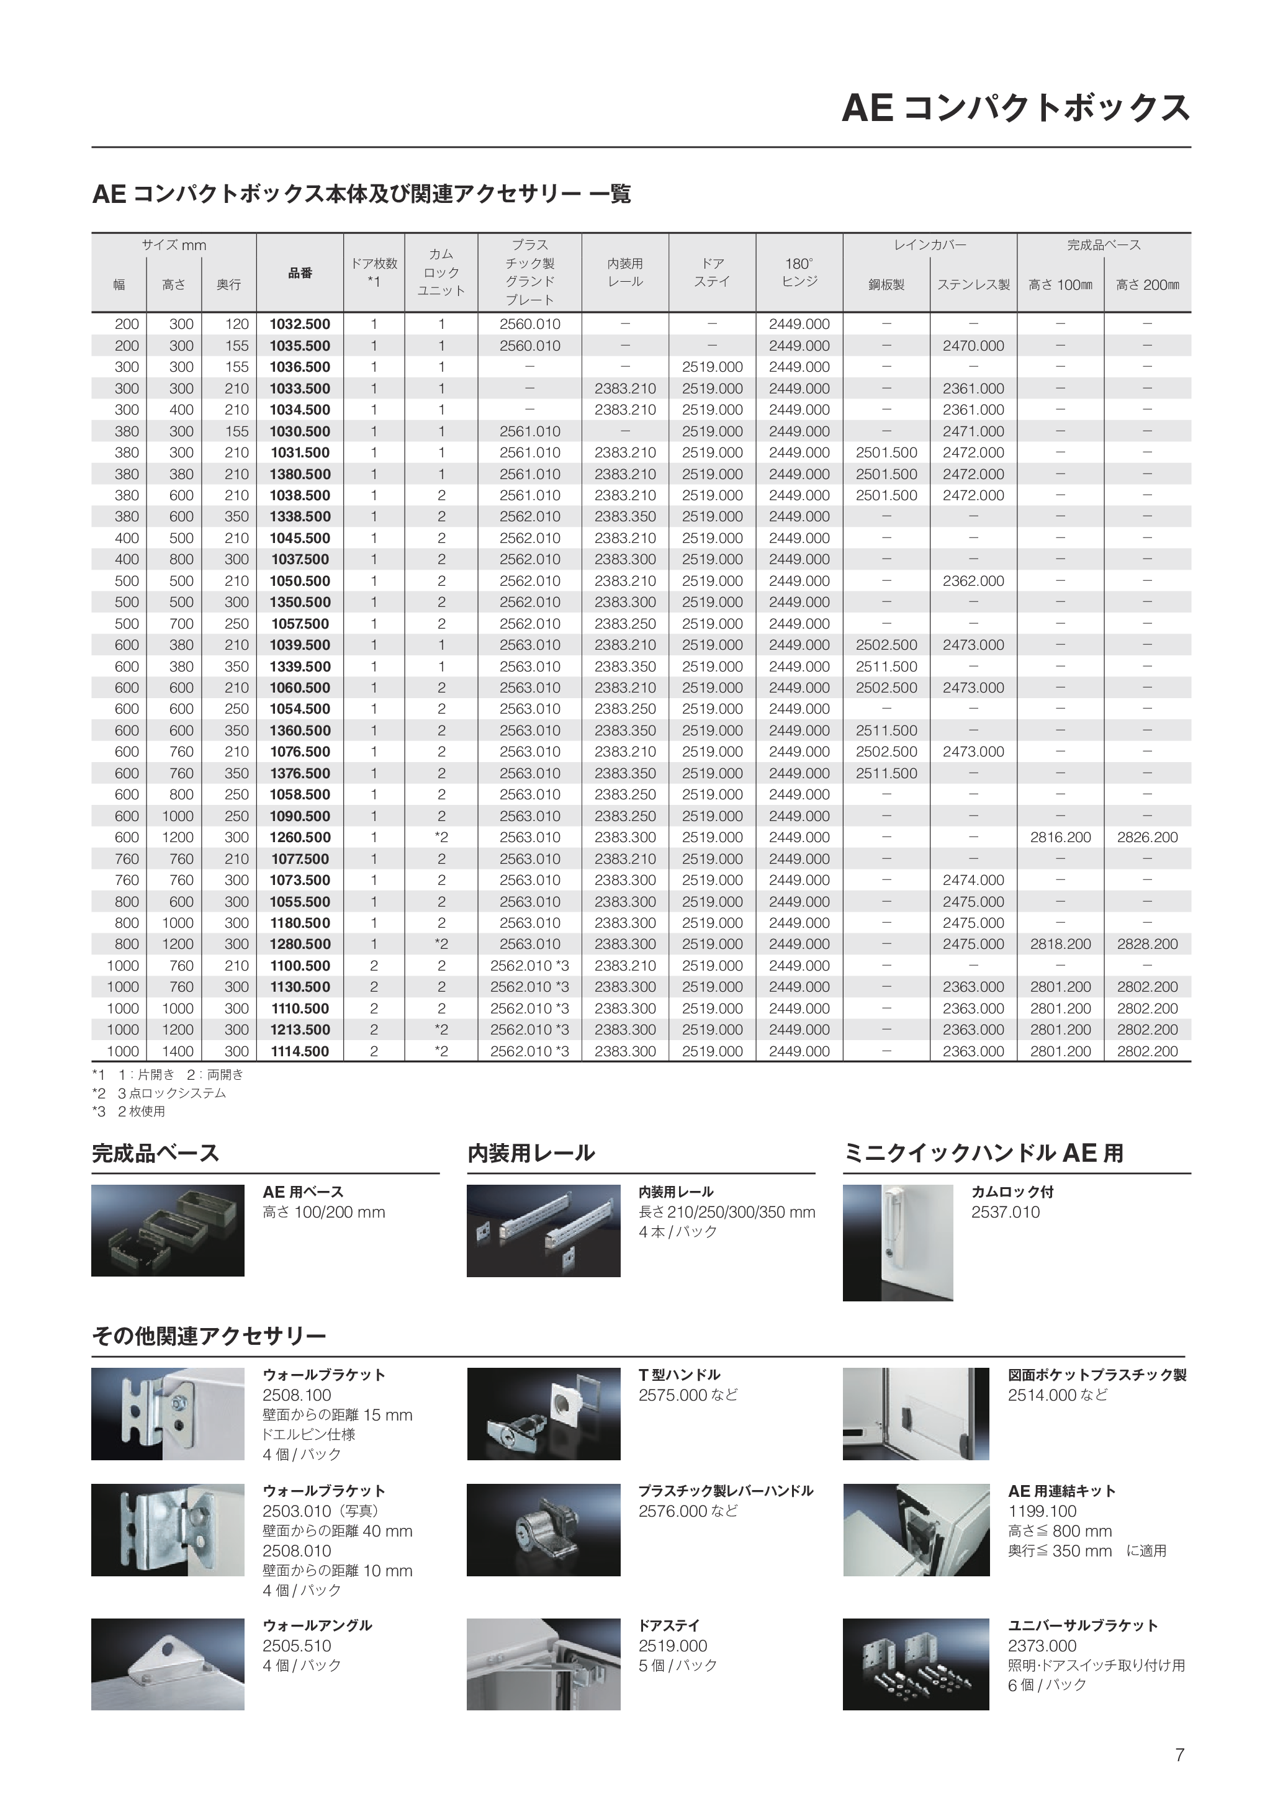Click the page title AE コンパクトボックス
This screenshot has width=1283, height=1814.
[x=1015, y=108]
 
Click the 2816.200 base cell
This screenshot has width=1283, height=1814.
[x=1060, y=837]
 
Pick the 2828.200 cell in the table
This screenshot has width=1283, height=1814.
[x=1147, y=944]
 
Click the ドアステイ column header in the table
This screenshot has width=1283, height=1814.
[x=712, y=272]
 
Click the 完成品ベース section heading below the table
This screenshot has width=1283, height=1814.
[x=156, y=1154]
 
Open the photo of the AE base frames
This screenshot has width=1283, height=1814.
[x=168, y=1230]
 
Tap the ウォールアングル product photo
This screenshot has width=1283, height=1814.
[x=168, y=1664]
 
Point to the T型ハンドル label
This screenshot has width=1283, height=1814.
[x=680, y=1375]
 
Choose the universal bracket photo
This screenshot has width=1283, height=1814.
[x=916, y=1664]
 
